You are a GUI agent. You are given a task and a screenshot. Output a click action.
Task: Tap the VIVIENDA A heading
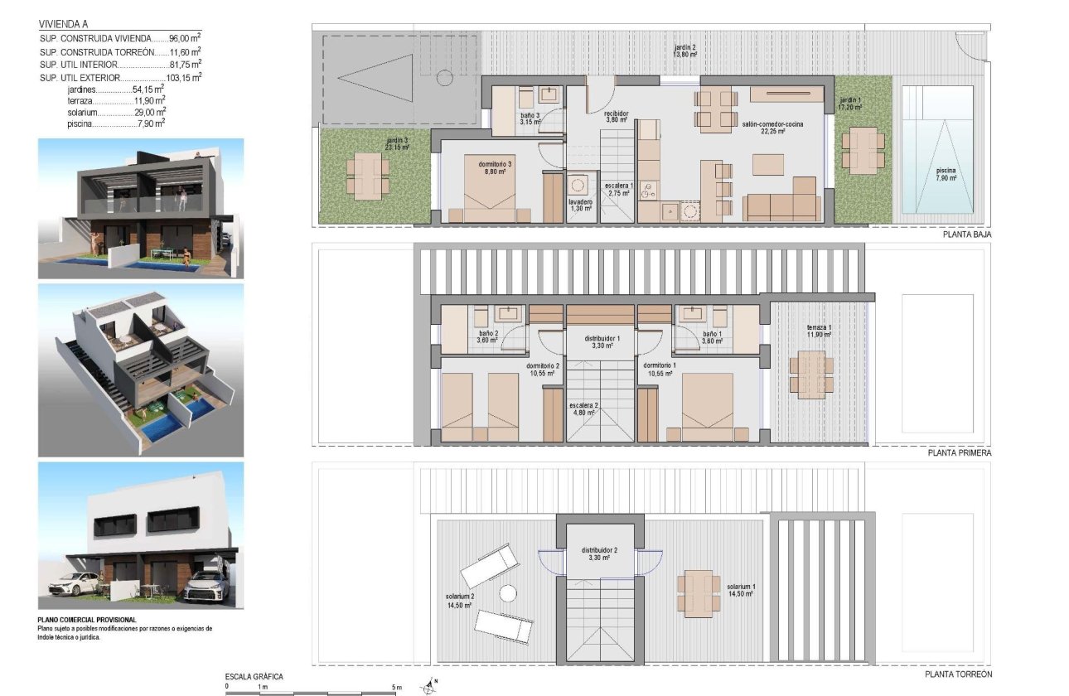(61, 24)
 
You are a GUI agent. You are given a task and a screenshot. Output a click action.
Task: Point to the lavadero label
(580, 205)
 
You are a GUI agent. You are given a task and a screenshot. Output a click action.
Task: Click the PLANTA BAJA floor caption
(966, 234)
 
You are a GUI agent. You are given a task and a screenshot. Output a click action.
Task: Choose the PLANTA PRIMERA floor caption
(960, 453)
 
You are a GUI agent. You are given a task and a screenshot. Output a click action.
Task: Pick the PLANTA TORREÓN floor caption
(959, 674)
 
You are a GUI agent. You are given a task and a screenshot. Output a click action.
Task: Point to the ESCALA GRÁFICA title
(254, 676)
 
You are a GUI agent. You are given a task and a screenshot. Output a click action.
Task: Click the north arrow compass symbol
(429, 686)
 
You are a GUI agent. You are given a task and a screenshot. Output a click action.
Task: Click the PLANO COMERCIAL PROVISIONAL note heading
(86, 620)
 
